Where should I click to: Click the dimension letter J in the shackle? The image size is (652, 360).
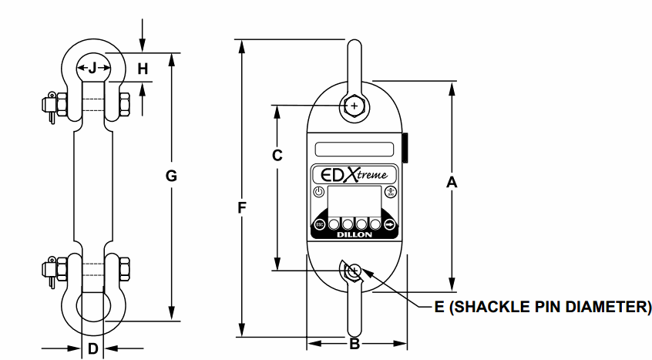pos(92,68)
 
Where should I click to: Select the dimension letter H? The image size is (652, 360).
pos(143,69)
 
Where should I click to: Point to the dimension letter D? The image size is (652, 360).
pos(92,348)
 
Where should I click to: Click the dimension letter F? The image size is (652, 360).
pos(242,207)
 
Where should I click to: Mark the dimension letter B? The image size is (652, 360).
pos(355,344)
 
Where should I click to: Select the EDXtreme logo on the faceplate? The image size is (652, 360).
pos(355,174)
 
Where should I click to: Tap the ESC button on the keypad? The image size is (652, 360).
pos(319,224)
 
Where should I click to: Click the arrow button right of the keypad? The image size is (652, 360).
pos(390,224)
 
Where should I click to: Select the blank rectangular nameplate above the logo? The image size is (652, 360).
pos(355,149)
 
